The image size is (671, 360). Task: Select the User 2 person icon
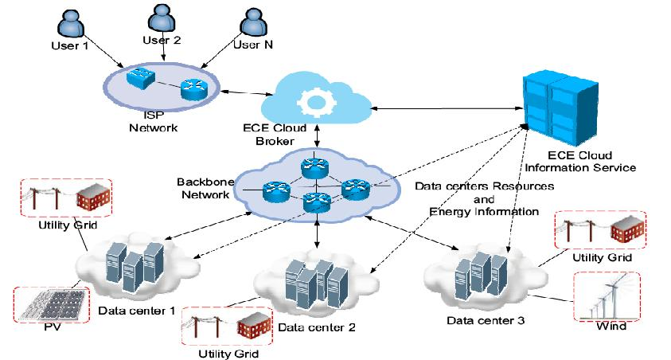pos(160,19)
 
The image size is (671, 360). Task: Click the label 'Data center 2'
pos(311,327)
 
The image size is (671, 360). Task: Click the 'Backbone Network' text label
pos(205,188)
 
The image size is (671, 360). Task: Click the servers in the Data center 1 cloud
pos(131,260)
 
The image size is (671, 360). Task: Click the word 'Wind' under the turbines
pos(612,327)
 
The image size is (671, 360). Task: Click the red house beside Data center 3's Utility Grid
pos(627,230)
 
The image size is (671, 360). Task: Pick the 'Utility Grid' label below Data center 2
pos(228,351)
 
